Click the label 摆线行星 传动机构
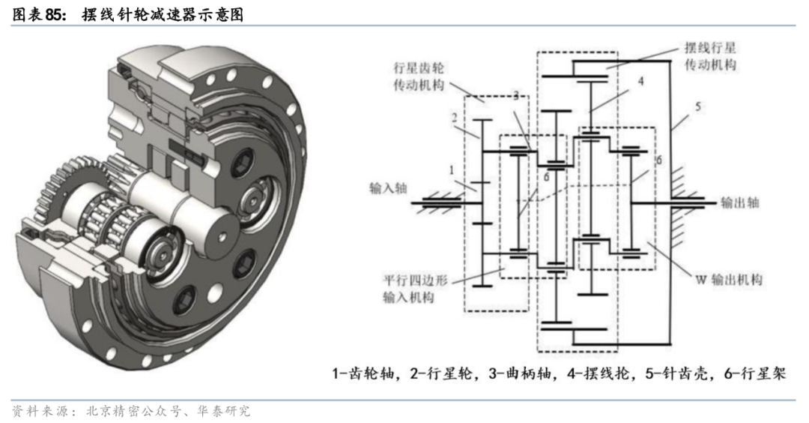(711, 56)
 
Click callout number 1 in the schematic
(452, 171)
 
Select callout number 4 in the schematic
(640, 80)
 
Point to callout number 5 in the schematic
(697, 106)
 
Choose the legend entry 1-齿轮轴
(363, 372)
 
